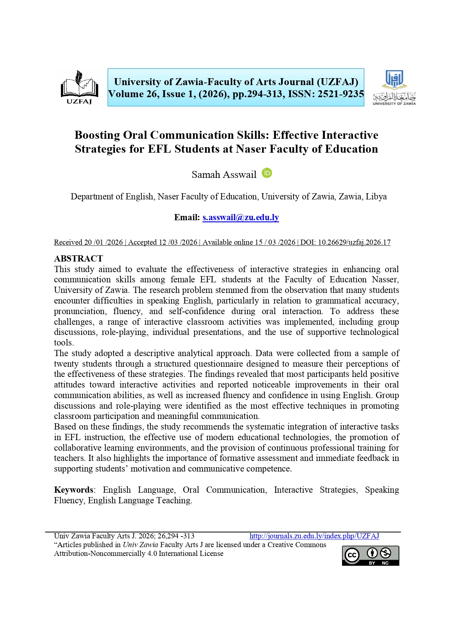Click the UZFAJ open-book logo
point(79,87)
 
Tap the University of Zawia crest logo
point(394,88)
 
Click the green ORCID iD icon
point(267,173)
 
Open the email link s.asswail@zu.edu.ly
point(241,218)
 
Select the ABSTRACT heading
point(78,259)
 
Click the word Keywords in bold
point(73,490)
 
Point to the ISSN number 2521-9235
point(341,94)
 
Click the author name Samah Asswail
point(224,175)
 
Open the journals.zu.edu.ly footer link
point(314,536)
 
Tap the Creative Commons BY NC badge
point(370,556)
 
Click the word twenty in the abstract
point(65,364)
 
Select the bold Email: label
point(187,218)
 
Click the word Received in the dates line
point(68,242)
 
